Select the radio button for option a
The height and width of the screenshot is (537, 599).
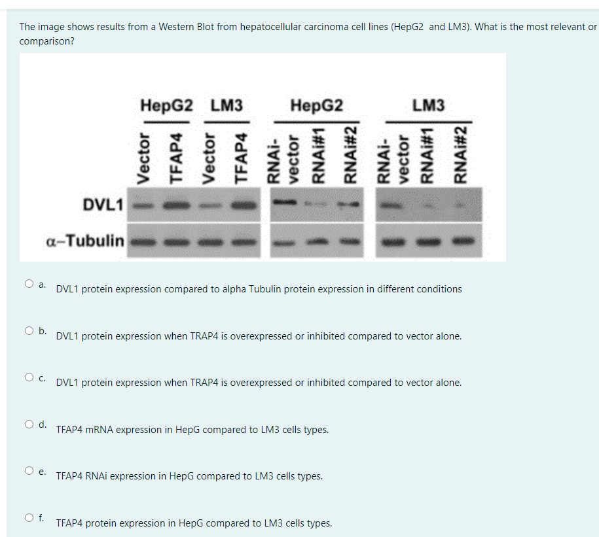29,284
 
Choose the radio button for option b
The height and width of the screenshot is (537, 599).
29,331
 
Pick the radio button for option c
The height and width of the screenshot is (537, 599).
29,377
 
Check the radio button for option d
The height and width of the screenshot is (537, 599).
29,424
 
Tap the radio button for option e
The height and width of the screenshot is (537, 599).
29,471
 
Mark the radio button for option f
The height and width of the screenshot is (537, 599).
29,518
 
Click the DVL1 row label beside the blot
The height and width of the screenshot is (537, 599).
103,204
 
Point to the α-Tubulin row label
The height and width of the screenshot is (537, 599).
85,241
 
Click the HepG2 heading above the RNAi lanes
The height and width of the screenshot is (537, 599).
316,105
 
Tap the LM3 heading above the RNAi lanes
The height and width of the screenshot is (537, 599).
429,105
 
